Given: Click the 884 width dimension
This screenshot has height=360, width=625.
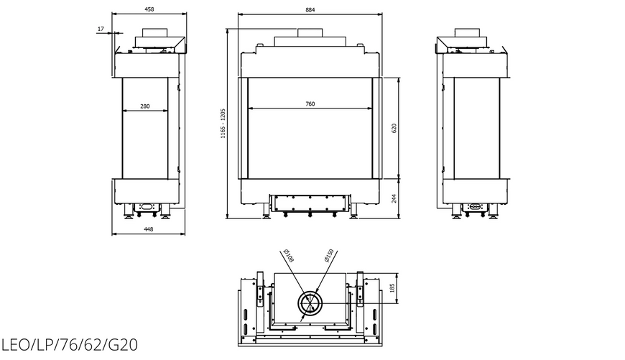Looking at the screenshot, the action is (310, 9).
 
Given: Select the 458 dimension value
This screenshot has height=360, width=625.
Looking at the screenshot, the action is (149, 9).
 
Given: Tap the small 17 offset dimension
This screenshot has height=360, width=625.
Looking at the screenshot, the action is (101, 29).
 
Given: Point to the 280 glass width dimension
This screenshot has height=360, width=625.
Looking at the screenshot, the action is (145, 106).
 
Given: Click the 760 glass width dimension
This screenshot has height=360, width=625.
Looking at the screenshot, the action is (310, 103).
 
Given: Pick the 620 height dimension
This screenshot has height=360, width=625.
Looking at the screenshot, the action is (394, 129).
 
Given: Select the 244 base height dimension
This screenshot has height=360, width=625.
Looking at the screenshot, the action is (394, 198).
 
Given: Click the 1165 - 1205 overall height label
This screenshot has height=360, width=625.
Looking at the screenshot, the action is (223, 124).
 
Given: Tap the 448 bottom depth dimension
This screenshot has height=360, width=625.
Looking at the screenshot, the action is (148, 229).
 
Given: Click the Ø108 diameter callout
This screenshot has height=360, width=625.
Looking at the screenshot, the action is (288, 256).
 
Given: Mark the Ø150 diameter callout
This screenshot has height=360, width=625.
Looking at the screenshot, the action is (329, 256).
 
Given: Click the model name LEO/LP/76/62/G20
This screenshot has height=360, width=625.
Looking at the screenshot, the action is (70, 345).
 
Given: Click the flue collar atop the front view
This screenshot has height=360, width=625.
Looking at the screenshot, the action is (310, 32).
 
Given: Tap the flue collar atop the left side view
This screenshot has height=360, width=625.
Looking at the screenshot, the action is (155, 32).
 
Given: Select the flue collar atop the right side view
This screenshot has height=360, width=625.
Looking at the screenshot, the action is (467, 32).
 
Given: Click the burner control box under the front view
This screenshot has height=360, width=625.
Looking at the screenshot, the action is (310, 203).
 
